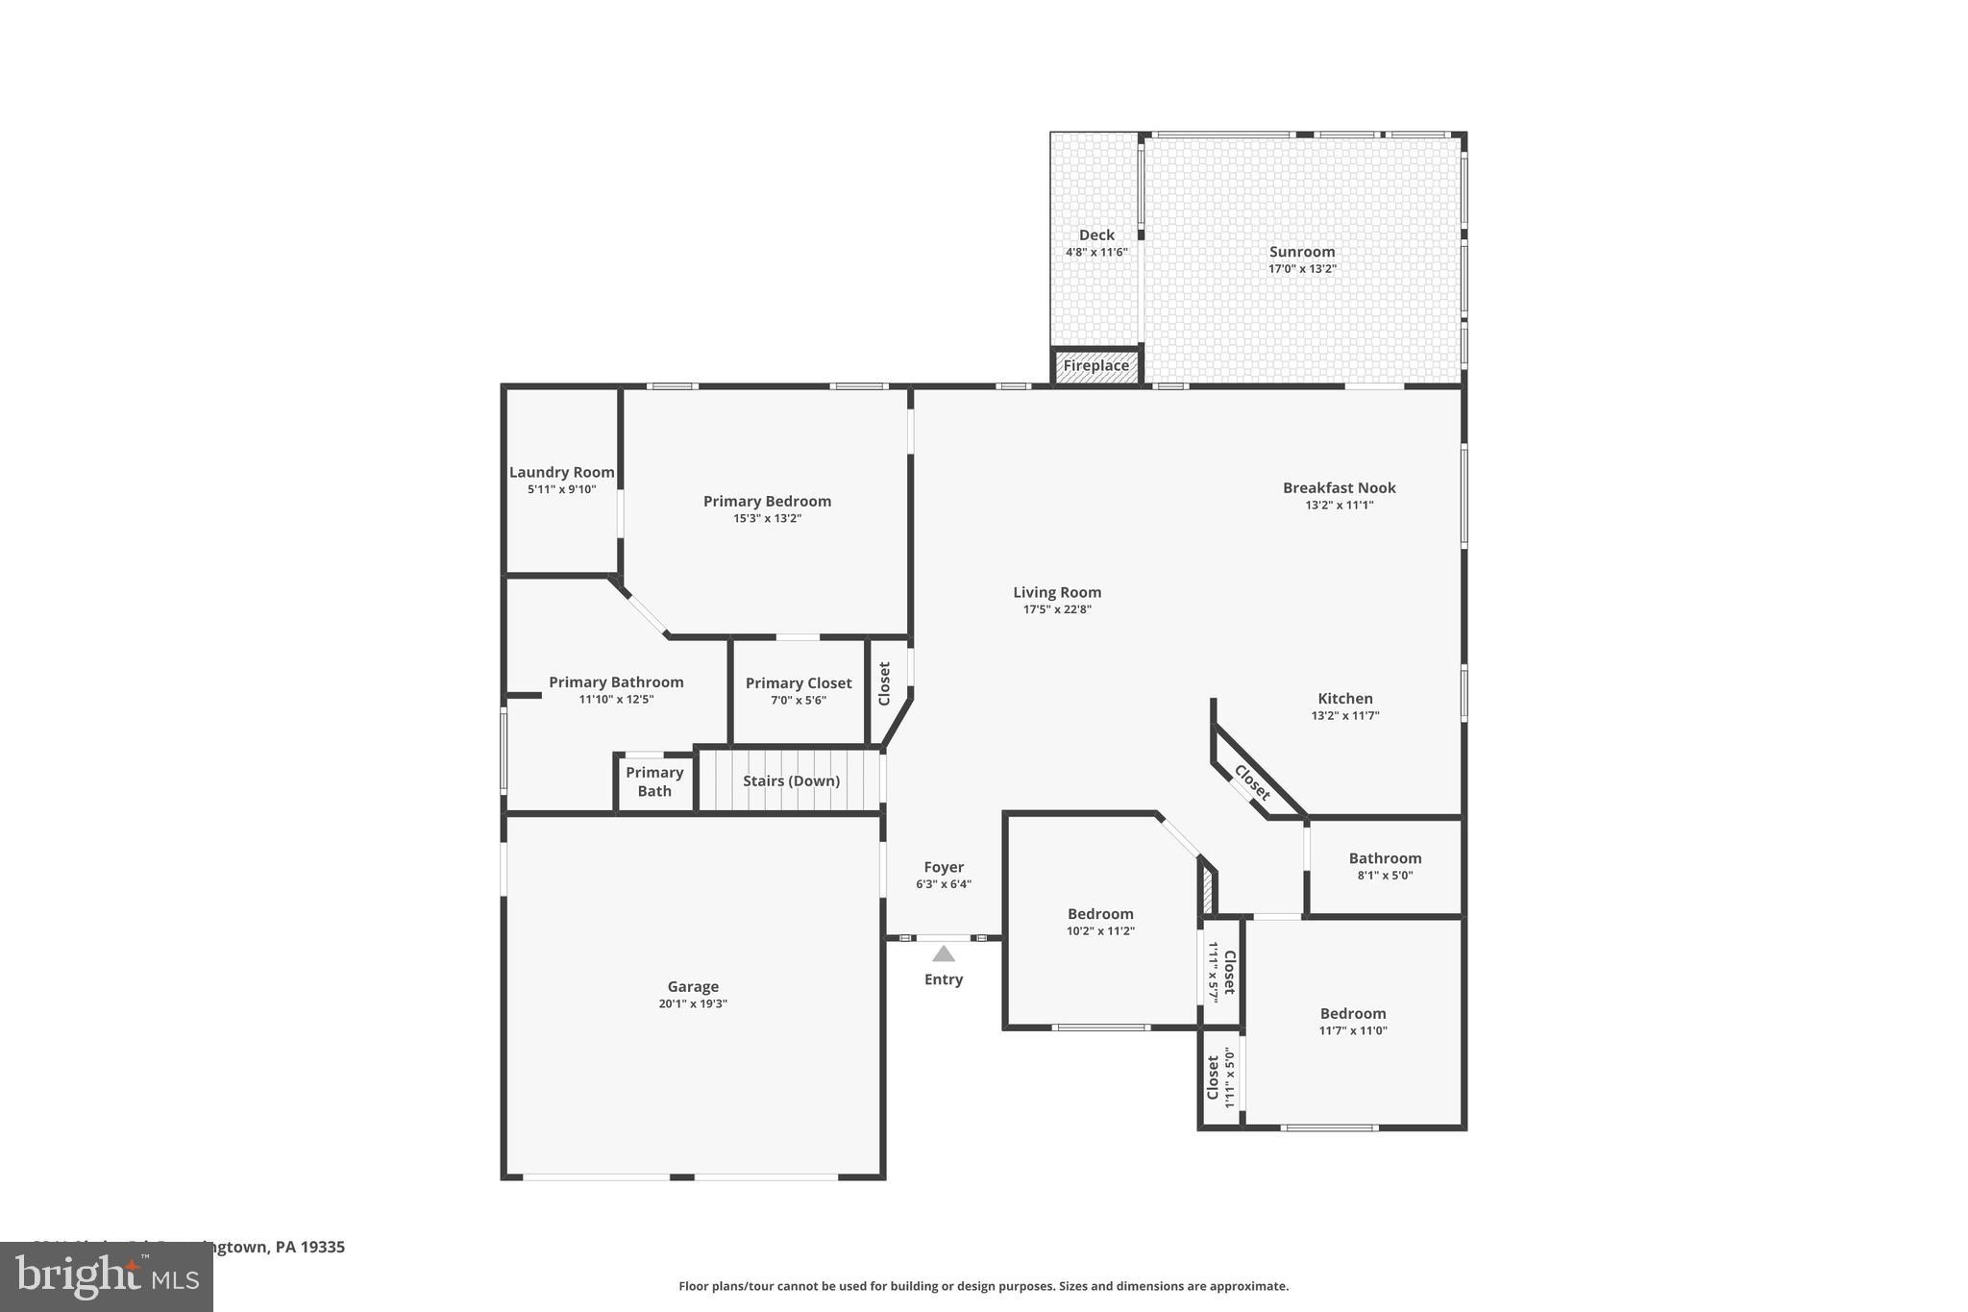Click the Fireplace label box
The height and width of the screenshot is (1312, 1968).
click(1095, 366)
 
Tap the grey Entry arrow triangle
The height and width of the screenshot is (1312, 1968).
click(944, 953)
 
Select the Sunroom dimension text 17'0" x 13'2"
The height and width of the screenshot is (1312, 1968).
click(1302, 269)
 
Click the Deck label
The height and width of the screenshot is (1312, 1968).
click(1096, 235)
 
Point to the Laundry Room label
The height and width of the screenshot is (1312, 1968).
click(562, 472)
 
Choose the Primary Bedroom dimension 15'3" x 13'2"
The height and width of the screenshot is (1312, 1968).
click(767, 519)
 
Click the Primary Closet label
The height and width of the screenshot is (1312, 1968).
click(799, 683)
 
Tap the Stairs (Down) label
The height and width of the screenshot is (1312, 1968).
click(791, 780)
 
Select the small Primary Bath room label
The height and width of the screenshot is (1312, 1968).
click(654, 781)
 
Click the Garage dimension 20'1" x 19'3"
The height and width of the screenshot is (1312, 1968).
click(693, 1004)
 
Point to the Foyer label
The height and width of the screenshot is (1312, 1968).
click(944, 867)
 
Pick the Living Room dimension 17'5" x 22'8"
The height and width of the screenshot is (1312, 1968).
click(1057, 609)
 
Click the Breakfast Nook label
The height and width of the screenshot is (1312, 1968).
click(1339, 488)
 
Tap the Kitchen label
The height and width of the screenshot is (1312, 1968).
click(1345, 699)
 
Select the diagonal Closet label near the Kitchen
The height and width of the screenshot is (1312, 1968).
click(1252, 782)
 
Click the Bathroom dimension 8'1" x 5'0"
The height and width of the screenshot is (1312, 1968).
click(1385, 876)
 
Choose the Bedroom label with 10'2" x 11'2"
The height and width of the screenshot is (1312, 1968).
click(1100, 914)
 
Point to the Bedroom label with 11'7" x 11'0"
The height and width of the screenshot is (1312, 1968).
click(1352, 1013)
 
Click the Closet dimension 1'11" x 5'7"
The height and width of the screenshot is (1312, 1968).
click(1213, 972)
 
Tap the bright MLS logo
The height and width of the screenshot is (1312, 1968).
click(107, 1276)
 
